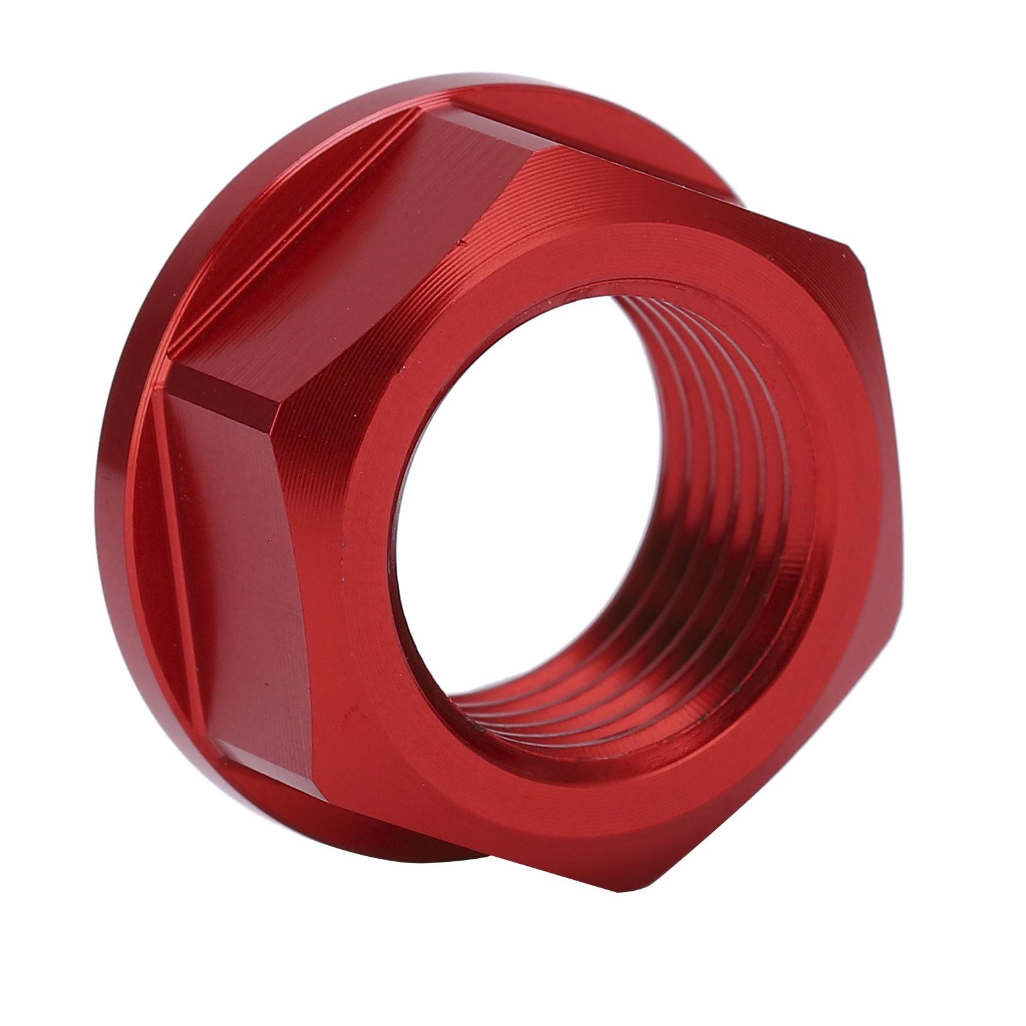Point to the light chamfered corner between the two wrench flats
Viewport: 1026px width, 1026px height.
224,385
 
